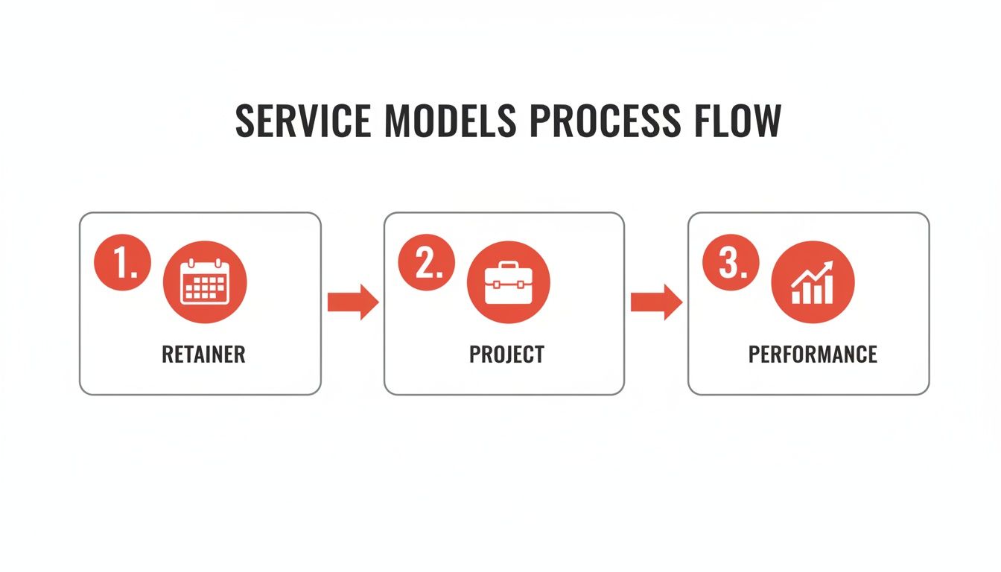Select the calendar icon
click(204, 283)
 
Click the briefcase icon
click(508, 283)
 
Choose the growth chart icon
click(813, 283)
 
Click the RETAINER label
click(203, 354)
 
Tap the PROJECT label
click(506, 354)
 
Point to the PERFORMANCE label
click(813, 354)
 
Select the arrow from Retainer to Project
click(353, 302)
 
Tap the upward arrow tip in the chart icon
click(829, 266)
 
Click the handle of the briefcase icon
click(508, 266)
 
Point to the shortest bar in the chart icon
click(795, 297)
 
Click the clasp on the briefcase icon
click(508, 285)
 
